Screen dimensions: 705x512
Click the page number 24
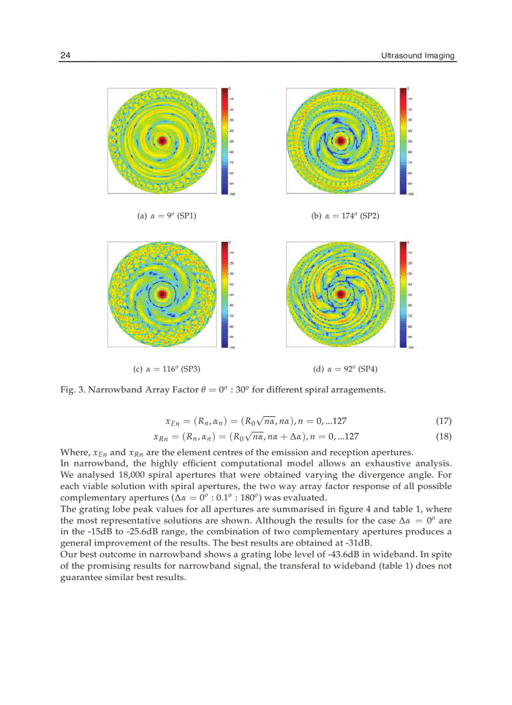click(65, 56)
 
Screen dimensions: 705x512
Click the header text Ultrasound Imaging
click(418, 56)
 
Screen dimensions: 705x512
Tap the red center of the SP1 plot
click(162, 141)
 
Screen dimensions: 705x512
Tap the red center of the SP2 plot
click(341, 140)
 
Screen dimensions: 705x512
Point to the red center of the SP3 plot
click(163, 293)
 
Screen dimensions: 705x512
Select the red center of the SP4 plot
click(341, 294)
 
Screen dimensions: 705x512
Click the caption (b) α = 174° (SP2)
click(345, 215)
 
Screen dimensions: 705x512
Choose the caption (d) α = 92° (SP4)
click(345, 369)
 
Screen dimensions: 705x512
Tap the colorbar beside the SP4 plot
click(403, 294)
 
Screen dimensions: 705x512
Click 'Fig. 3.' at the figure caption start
click(72, 390)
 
